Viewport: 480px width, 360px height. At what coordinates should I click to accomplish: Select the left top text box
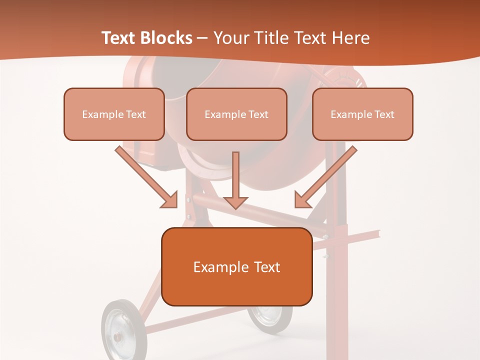114,114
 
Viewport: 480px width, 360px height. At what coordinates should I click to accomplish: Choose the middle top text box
236,114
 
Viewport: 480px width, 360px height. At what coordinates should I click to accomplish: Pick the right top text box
362,114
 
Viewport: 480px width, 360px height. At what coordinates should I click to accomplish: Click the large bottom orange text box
236,266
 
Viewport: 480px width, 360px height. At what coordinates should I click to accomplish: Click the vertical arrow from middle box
235,180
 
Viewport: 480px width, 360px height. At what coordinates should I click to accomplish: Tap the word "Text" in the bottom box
267,267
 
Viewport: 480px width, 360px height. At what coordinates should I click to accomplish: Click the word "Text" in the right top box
384,114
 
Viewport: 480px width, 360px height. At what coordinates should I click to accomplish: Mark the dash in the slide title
202,38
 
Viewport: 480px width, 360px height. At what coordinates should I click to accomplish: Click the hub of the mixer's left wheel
118,336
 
